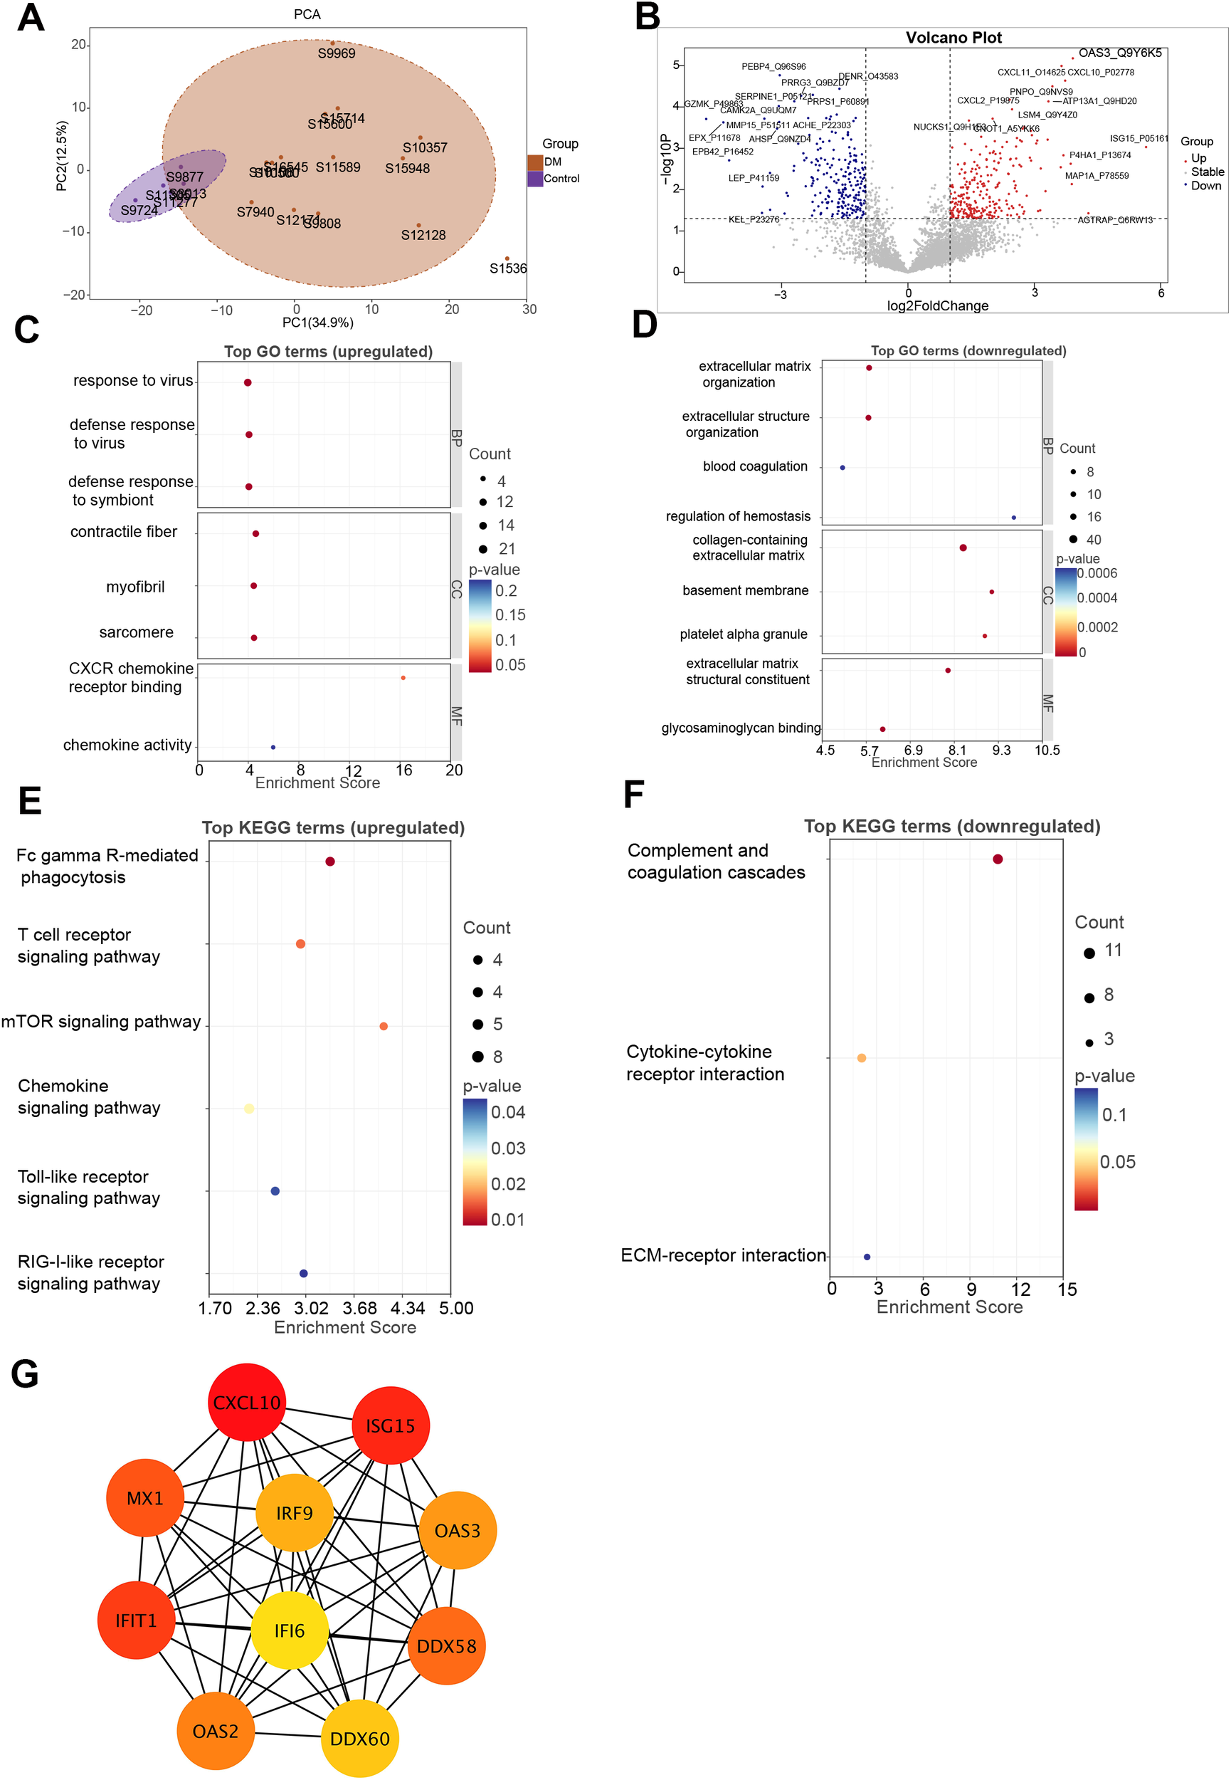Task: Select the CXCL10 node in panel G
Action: coord(247,1402)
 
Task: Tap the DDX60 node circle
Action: coord(359,1737)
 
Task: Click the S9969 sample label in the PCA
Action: coord(337,53)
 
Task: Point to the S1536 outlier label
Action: coord(507,268)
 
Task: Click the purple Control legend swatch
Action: coord(534,178)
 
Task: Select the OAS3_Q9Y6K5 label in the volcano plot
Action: coord(1119,53)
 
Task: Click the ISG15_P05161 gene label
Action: coord(1138,139)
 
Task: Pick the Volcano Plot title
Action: coord(953,38)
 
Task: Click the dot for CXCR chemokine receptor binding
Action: coord(403,677)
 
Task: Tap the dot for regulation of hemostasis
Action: coord(1013,517)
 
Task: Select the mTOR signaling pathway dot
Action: coord(384,1025)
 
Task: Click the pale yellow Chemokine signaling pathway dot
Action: coord(248,1108)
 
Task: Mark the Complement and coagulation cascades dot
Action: coord(998,859)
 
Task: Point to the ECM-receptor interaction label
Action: coord(723,1255)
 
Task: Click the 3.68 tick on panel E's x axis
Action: coord(359,1308)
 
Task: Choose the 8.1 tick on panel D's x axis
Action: coord(956,750)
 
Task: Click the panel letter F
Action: coord(633,795)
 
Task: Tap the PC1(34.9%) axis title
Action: coord(317,323)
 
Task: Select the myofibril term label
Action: coord(135,587)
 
